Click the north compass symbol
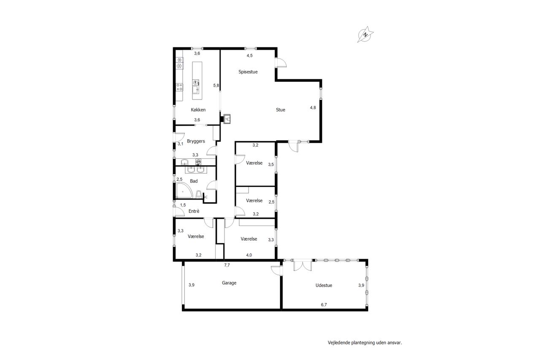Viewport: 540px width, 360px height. tap(365, 35)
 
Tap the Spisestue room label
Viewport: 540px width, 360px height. tap(248, 72)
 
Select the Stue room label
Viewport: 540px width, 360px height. tap(281, 110)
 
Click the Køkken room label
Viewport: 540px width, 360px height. tap(198, 110)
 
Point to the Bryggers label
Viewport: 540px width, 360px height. tap(196, 141)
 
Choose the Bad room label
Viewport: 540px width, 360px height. tap(194, 181)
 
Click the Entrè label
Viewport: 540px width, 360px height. tap(194, 211)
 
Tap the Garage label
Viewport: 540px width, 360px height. tap(229, 283)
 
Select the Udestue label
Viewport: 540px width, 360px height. tap(324, 285)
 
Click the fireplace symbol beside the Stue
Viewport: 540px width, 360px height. tap(227, 119)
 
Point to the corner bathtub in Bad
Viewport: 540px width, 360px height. tap(184, 190)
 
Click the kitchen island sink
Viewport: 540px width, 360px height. tap(196, 90)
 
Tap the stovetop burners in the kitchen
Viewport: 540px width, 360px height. tap(179, 87)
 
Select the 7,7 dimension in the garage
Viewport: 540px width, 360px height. tap(227, 265)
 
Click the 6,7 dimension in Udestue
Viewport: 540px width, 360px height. tap(324, 305)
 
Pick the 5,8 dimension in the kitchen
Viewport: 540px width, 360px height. tap(216, 85)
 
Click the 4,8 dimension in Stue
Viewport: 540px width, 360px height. tap(313, 108)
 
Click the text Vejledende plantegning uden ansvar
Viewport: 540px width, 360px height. tap(365, 343)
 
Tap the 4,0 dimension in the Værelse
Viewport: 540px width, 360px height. tap(249, 255)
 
